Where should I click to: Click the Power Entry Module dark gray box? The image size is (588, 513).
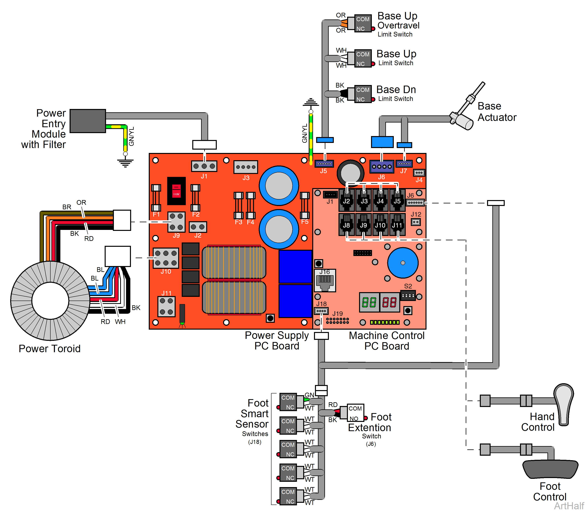point(88,121)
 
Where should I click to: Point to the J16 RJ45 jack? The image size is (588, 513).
point(325,281)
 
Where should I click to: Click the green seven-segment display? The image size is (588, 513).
point(369,302)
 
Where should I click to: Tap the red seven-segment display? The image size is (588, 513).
point(389,302)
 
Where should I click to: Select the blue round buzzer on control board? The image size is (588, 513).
point(403,263)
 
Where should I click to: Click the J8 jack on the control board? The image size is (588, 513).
point(347,224)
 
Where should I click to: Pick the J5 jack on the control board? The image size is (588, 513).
point(397,200)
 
